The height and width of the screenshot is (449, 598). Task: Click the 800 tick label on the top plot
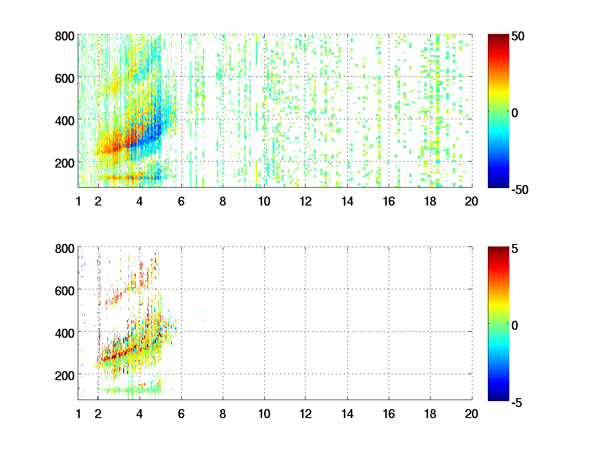[x=65, y=36]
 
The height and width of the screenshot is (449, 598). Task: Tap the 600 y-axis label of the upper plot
[x=65, y=78]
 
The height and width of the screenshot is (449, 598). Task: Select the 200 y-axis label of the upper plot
[x=65, y=163]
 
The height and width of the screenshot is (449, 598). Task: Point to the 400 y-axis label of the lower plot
[x=65, y=332]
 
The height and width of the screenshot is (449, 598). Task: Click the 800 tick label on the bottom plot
[x=65, y=248]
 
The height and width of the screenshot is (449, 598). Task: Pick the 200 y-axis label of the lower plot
[x=65, y=375]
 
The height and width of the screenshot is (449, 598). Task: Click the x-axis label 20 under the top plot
[x=471, y=202]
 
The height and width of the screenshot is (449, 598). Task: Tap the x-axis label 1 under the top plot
[x=78, y=202]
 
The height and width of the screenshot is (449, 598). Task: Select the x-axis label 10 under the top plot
[x=264, y=202]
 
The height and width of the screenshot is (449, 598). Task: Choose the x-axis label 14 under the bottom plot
[x=347, y=414]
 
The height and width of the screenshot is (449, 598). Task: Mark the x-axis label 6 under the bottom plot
[x=181, y=414]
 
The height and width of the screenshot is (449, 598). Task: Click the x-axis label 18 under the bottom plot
[x=430, y=414]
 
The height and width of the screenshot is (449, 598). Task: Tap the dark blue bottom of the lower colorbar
[x=497, y=398]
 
